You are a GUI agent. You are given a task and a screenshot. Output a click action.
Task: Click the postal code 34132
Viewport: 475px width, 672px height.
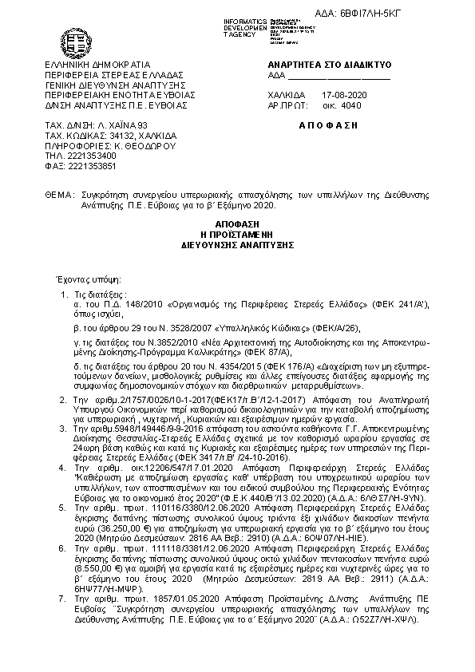pyautogui.click(x=113, y=136)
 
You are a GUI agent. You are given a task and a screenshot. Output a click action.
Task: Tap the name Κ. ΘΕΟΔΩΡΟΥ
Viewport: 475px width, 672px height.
pyautogui.click(x=133, y=146)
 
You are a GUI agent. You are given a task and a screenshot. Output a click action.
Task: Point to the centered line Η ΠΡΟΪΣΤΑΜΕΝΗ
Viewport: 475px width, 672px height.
pyautogui.click(x=237, y=238)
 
